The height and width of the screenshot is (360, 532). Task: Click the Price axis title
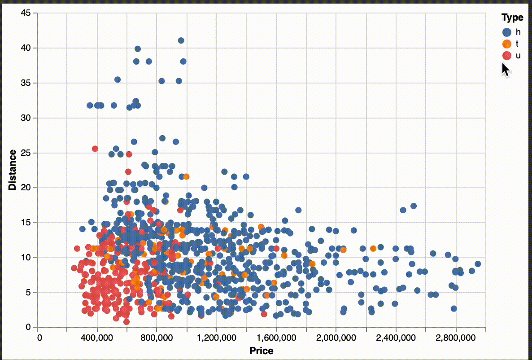(x=262, y=351)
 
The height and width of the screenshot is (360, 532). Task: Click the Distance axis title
(x=13, y=170)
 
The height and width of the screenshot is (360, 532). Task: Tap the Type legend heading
(x=512, y=18)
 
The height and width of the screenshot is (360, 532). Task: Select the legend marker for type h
(x=507, y=32)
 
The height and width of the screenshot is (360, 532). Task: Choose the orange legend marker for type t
(x=507, y=44)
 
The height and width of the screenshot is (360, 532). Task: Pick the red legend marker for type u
(x=507, y=56)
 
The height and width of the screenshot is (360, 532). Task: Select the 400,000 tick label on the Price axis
(x=97, y=338)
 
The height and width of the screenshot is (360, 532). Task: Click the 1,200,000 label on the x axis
(x=216, y=338)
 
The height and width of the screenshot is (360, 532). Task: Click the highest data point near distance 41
(x=181, y=40)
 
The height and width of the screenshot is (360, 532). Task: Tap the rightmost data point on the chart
(x=478, y=264)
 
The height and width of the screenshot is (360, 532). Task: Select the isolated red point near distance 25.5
(x=95, y=149)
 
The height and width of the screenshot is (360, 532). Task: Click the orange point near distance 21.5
(x=186, y=176)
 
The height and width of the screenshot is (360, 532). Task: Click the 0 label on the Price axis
(x=39, y=338)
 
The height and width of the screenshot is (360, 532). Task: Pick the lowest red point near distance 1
(x=126, y=321)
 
